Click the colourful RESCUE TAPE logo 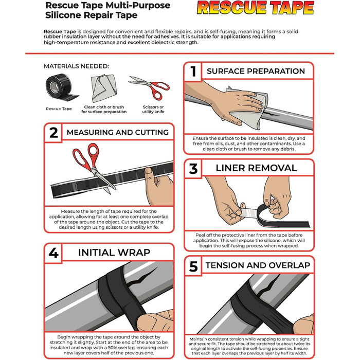255,8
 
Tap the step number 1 193,71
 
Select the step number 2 53,133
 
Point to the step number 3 193,169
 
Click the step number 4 53,253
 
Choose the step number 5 193,266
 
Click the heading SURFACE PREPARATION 256,71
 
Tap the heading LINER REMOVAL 256,168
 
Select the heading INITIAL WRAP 114,253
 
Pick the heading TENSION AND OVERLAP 258,265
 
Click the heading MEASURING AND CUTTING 118,133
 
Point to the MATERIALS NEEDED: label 76,66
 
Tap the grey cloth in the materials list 104,87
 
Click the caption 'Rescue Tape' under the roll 59,109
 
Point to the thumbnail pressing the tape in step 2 148,171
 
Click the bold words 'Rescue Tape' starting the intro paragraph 60,31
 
